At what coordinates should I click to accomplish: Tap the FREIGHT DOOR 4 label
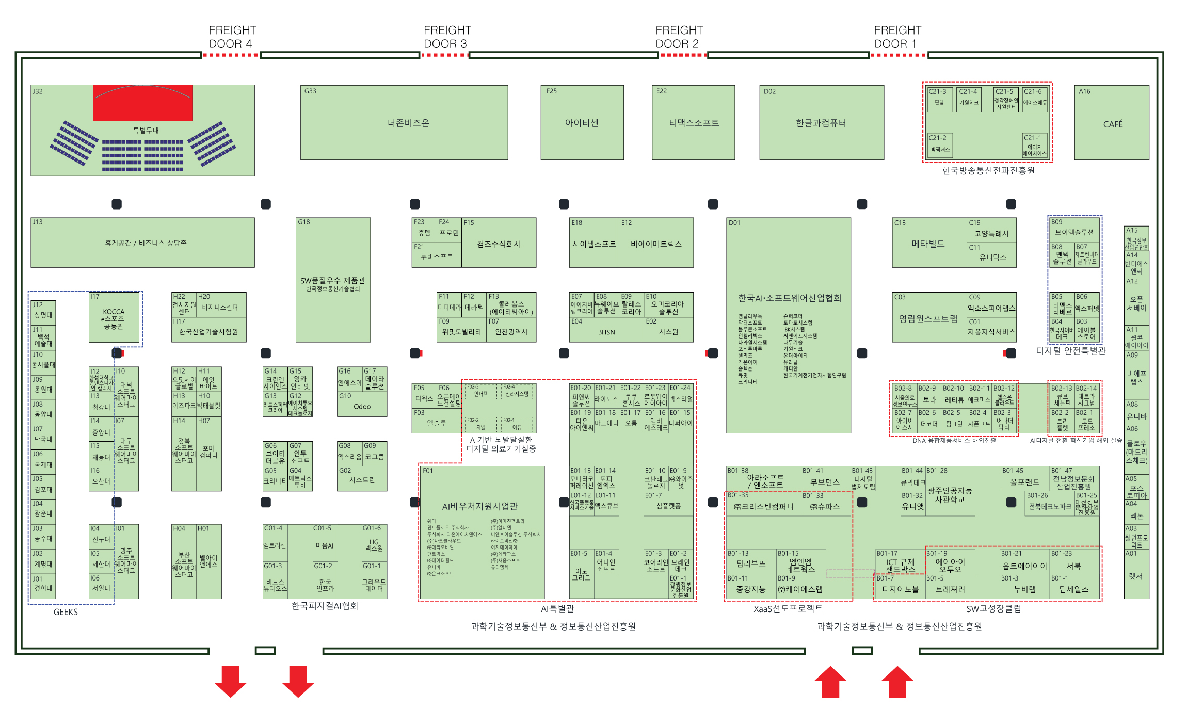232,37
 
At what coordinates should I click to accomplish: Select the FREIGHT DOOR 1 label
897,37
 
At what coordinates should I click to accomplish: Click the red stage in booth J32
142,103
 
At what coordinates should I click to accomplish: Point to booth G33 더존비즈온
404,123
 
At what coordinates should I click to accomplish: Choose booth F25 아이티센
582,123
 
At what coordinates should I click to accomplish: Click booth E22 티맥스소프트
693,123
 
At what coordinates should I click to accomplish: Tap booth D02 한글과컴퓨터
821,123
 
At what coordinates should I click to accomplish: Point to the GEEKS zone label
66,612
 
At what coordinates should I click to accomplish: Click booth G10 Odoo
362,406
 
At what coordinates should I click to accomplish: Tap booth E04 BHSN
606,332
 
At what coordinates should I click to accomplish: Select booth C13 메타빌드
928,243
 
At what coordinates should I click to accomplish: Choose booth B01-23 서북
1074,566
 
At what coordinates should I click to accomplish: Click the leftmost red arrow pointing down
230,681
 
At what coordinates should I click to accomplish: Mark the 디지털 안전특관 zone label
1071,351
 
